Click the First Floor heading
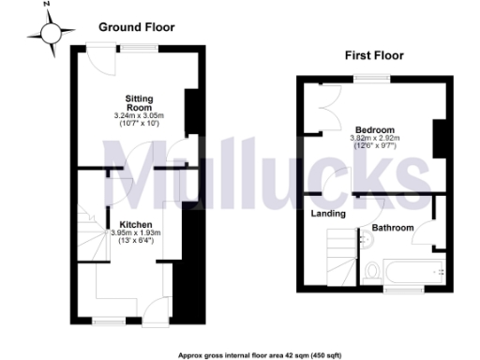[x=373, y=55]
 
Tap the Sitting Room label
[x=139, y=101]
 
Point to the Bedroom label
[x=373, y=129]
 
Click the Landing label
[x=328, y=214]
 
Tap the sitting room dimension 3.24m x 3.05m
[x=138, y=115]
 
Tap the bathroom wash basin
[x=368, y=242]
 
